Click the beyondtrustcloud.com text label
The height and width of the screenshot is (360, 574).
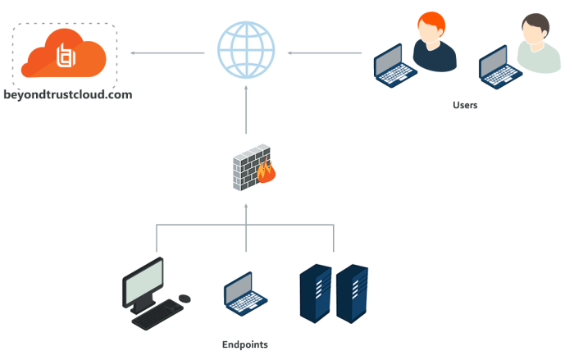point(68,95)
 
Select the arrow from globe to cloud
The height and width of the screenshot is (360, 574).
point(168,54)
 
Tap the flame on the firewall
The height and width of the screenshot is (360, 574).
point(265,171)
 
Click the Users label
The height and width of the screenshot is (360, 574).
point(465,105)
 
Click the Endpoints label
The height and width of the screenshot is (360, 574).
point(244,344)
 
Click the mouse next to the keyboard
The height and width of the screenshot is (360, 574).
point(184,298)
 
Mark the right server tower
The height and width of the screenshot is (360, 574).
point(352,293)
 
